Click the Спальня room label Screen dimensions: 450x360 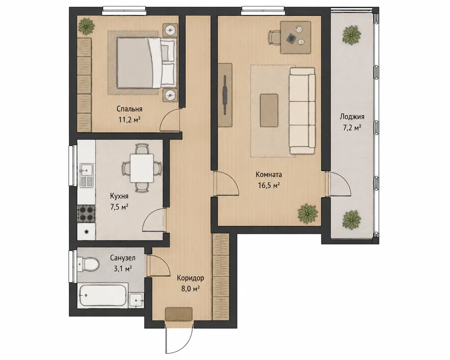click(129, 109)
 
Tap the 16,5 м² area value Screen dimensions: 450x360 click(269, 185)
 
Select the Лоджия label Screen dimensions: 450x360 click(352, 117)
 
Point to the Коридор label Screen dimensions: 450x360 click(190, 278)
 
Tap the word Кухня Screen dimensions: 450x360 click(119, 196)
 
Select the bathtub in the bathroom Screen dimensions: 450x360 click(103, 296)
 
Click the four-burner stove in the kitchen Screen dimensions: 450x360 click(86, 214)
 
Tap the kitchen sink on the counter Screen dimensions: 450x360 click(86, 175)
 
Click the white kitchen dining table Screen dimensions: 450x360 click(142, 168)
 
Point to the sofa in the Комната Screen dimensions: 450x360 click(302, 111)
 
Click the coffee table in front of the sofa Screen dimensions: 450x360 click(269, 110)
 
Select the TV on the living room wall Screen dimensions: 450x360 click(225, 95)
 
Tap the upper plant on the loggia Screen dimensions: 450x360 click(351, 35)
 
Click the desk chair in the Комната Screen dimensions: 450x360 click(274, 37)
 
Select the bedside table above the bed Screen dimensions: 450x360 click(171, 30)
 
